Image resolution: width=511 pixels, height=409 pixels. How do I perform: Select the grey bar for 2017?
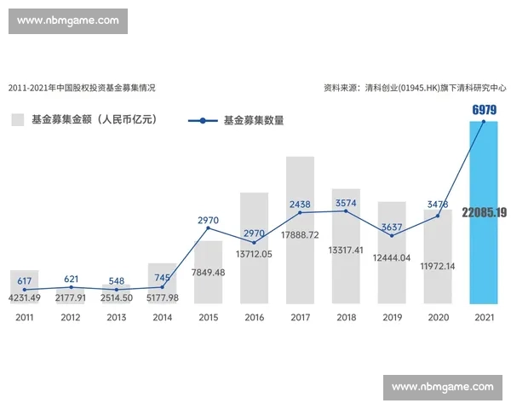pos(300,256)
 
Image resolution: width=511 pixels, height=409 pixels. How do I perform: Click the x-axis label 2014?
pos(162,317)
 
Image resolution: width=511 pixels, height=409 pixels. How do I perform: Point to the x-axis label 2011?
pos(25,317)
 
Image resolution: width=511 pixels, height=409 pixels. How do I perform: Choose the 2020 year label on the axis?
pos(438,317)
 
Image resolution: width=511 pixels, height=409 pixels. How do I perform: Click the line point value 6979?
pos(484,110)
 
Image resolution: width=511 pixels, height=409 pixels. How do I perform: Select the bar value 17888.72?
pos(300,234)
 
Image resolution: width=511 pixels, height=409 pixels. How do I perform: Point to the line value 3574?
pos(346,204)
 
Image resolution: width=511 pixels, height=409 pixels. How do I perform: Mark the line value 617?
pos(25,281)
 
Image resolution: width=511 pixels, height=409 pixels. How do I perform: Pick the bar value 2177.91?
pos(71,297)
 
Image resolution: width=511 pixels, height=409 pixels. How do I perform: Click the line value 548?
pos(116,281)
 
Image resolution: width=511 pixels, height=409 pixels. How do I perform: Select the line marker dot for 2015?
pos(208,228)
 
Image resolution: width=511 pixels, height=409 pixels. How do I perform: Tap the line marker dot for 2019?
pos(392,235)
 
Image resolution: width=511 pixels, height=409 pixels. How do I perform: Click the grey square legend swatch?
pos(17,120)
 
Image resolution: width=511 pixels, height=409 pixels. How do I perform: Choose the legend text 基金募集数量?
pos(254,121)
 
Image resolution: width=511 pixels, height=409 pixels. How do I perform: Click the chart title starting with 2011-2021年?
pos(82,88)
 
